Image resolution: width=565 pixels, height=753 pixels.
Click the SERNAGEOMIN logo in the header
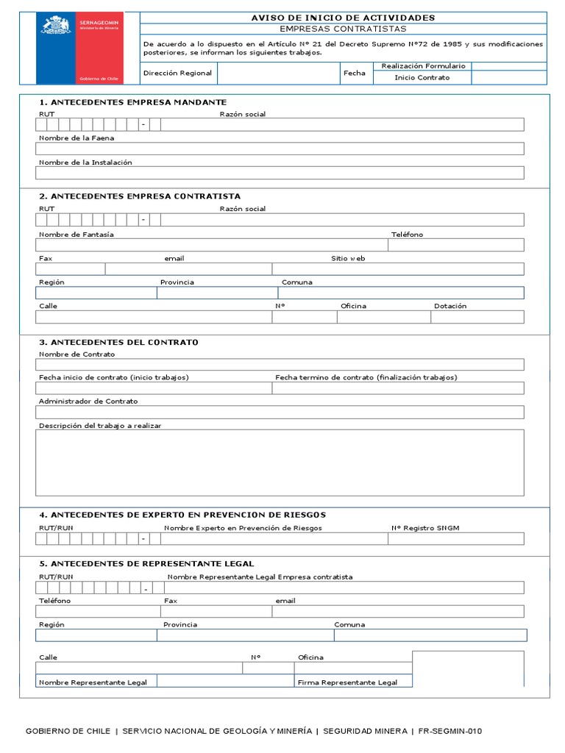click(79, 48)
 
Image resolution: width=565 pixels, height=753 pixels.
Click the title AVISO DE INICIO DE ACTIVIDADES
click(344, 18)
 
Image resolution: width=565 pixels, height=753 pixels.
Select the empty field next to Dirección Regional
click(279, 74)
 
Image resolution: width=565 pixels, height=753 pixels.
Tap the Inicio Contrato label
click(422, 78)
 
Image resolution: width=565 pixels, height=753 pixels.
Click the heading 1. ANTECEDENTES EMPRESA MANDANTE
click(132, 102)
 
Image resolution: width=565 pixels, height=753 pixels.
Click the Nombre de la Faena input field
click(280, 149)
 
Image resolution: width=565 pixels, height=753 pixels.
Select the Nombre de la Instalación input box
click(280, 173)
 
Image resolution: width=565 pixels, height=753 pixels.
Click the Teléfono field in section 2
click(456, 245)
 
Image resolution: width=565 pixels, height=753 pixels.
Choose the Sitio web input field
click(398, 269)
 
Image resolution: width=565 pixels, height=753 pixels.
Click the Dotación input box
click(477, 317)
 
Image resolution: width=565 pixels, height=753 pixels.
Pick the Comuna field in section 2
click(401, 293)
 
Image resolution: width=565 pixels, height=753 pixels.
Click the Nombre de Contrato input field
click(280, 365)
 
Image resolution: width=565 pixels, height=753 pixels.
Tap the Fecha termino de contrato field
click(398, 388)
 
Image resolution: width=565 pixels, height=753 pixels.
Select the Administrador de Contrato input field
click(280, 412)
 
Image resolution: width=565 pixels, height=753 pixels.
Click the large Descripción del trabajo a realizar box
click(280, 463)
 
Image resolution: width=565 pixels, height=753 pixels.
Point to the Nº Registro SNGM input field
click(456, 539)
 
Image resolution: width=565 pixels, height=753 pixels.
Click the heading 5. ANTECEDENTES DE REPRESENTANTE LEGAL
click(146, 563)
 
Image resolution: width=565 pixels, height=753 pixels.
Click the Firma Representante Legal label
click(347, 682)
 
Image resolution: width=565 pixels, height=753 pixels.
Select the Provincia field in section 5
click(245, 635)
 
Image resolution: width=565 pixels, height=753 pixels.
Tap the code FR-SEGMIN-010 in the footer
click(450, 731)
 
